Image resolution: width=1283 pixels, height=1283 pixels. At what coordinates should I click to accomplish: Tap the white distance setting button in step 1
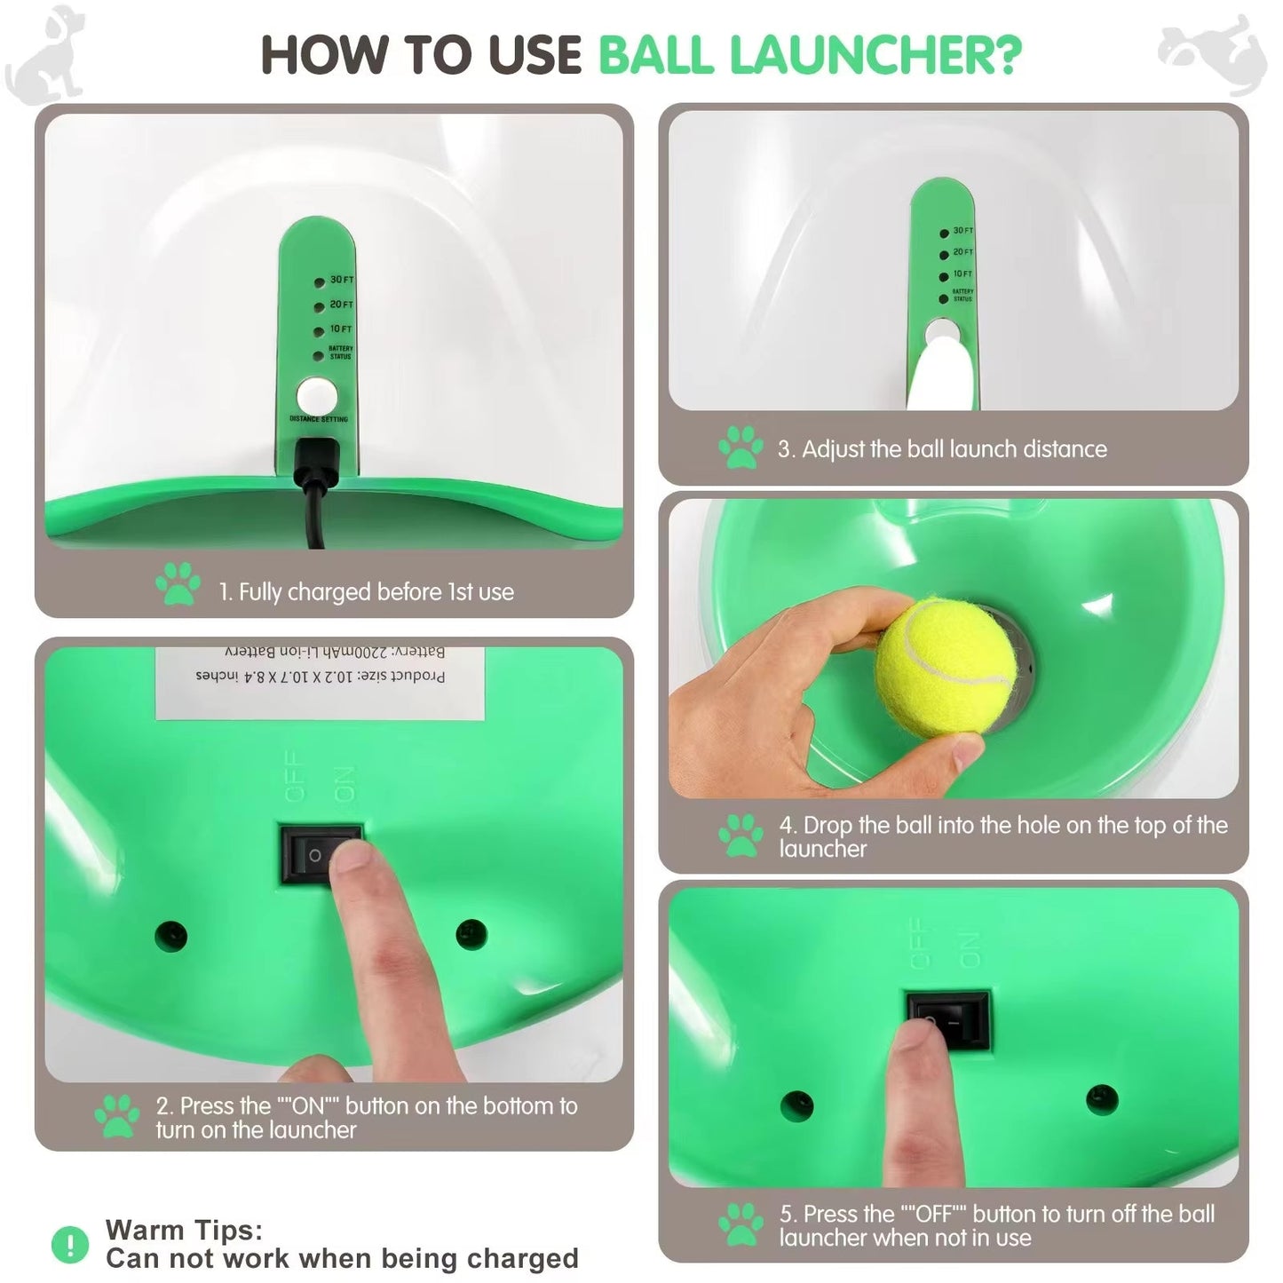pyautogui.click(x=315, y=396)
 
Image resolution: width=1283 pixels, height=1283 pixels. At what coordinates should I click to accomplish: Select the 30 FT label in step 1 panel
pyautogui.click(x=341, y=280)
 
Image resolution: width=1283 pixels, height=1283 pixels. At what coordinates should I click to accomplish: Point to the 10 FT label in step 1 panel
pyautogui.click(x=341, y=329)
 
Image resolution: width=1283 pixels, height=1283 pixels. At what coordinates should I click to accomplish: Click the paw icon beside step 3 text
pyautogui.click(x=740, y=447)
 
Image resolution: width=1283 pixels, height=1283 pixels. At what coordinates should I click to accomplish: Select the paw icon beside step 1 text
pyautogui.click(x=178, y=584)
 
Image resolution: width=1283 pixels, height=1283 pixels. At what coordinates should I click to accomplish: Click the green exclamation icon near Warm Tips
pyautogui.click(x=70, y=1244)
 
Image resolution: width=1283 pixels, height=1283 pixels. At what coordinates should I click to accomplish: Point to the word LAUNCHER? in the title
pyautogui.click(x=875, y=55)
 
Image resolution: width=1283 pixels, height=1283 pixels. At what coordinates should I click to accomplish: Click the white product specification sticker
pyautogui.click(x=320, y=682)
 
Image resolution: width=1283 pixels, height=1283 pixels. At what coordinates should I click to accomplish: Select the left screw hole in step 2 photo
pyautogui.click(x=170, y=935)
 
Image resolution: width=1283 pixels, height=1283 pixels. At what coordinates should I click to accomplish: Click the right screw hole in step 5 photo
pyautogui.click(x=1102, y=1099)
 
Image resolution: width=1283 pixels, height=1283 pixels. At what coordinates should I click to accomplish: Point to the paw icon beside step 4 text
pyautogui.click(x=740, y=836)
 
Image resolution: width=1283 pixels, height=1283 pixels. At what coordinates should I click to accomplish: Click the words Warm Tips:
pyautogui.click(x=184, y=1230)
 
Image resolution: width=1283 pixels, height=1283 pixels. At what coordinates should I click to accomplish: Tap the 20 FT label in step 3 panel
pyautogui.click(x=962, y=252)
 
